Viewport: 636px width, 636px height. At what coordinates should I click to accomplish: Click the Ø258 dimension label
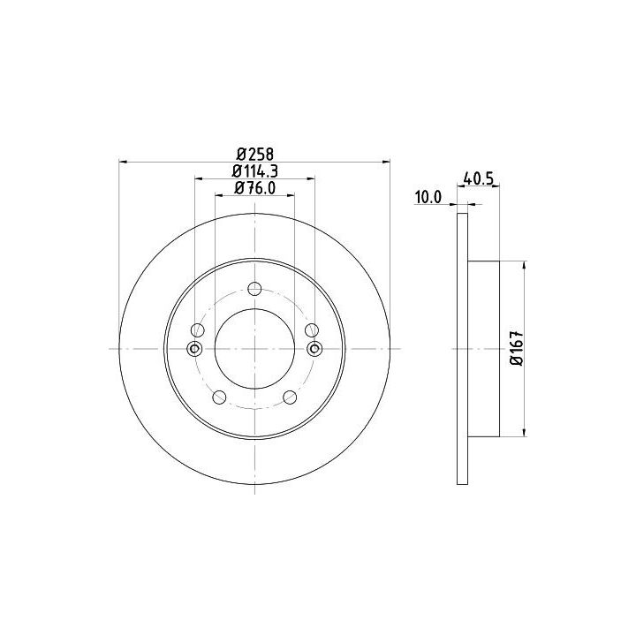point(255,154)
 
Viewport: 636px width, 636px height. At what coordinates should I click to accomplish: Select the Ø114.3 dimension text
point(254,170)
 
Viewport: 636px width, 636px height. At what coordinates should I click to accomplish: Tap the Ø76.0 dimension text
point(254,188)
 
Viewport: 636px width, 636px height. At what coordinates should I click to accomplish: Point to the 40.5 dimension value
point(478,178)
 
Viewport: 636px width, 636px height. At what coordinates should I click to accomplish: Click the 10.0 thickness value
point(428,198)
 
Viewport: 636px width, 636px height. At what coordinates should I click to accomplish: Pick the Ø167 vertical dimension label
point(518,348)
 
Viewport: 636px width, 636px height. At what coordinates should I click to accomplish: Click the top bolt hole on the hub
point(254,289)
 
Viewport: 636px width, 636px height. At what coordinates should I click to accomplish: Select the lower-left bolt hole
point(219,397)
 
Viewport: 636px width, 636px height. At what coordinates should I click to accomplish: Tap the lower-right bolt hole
point(290,397)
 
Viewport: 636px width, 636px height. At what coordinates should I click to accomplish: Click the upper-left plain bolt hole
point(198,330)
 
